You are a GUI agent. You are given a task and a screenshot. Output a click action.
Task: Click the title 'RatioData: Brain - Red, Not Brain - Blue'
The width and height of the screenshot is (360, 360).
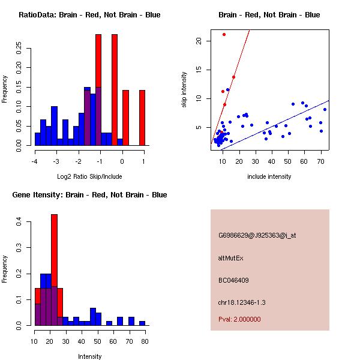click(x=89, y=15)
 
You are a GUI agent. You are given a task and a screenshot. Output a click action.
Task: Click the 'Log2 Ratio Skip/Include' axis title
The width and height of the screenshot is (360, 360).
click(x=89, y=176)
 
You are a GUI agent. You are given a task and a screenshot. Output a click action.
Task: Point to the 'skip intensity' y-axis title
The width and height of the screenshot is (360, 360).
click(x=184, y=89)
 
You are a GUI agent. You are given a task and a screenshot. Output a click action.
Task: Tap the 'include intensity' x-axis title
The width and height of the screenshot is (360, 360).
click(x=269, y=176)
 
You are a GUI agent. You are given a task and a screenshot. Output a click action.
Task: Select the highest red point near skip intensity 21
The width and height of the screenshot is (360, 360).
click(x=224, y=35)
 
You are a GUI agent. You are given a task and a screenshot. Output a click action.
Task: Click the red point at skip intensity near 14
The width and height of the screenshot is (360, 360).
click(x=233, y=77)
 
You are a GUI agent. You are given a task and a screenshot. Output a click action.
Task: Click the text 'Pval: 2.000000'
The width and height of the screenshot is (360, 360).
click(x=239, y=319)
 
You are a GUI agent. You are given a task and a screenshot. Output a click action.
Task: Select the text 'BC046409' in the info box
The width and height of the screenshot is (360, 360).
click(x=233, y=280)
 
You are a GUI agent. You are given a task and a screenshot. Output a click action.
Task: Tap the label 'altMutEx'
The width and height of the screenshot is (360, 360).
click(x=231, y=258)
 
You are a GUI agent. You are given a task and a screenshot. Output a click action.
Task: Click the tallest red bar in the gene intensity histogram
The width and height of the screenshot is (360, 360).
click(x=54, y=269)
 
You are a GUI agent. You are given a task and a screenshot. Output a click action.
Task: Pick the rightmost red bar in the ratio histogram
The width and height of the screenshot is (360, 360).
click(x=142, y=118)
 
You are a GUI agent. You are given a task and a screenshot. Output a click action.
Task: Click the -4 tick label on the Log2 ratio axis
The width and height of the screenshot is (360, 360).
click(x=35, y=161)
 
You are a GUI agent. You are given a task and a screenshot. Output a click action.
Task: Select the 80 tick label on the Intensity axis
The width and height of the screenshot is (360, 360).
click(x=145, y=341)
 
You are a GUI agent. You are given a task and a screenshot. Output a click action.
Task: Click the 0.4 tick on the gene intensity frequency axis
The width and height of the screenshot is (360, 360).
click(x=19, y=222)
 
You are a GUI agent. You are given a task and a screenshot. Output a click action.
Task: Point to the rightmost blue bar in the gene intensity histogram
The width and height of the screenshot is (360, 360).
click(x=142, y=323)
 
